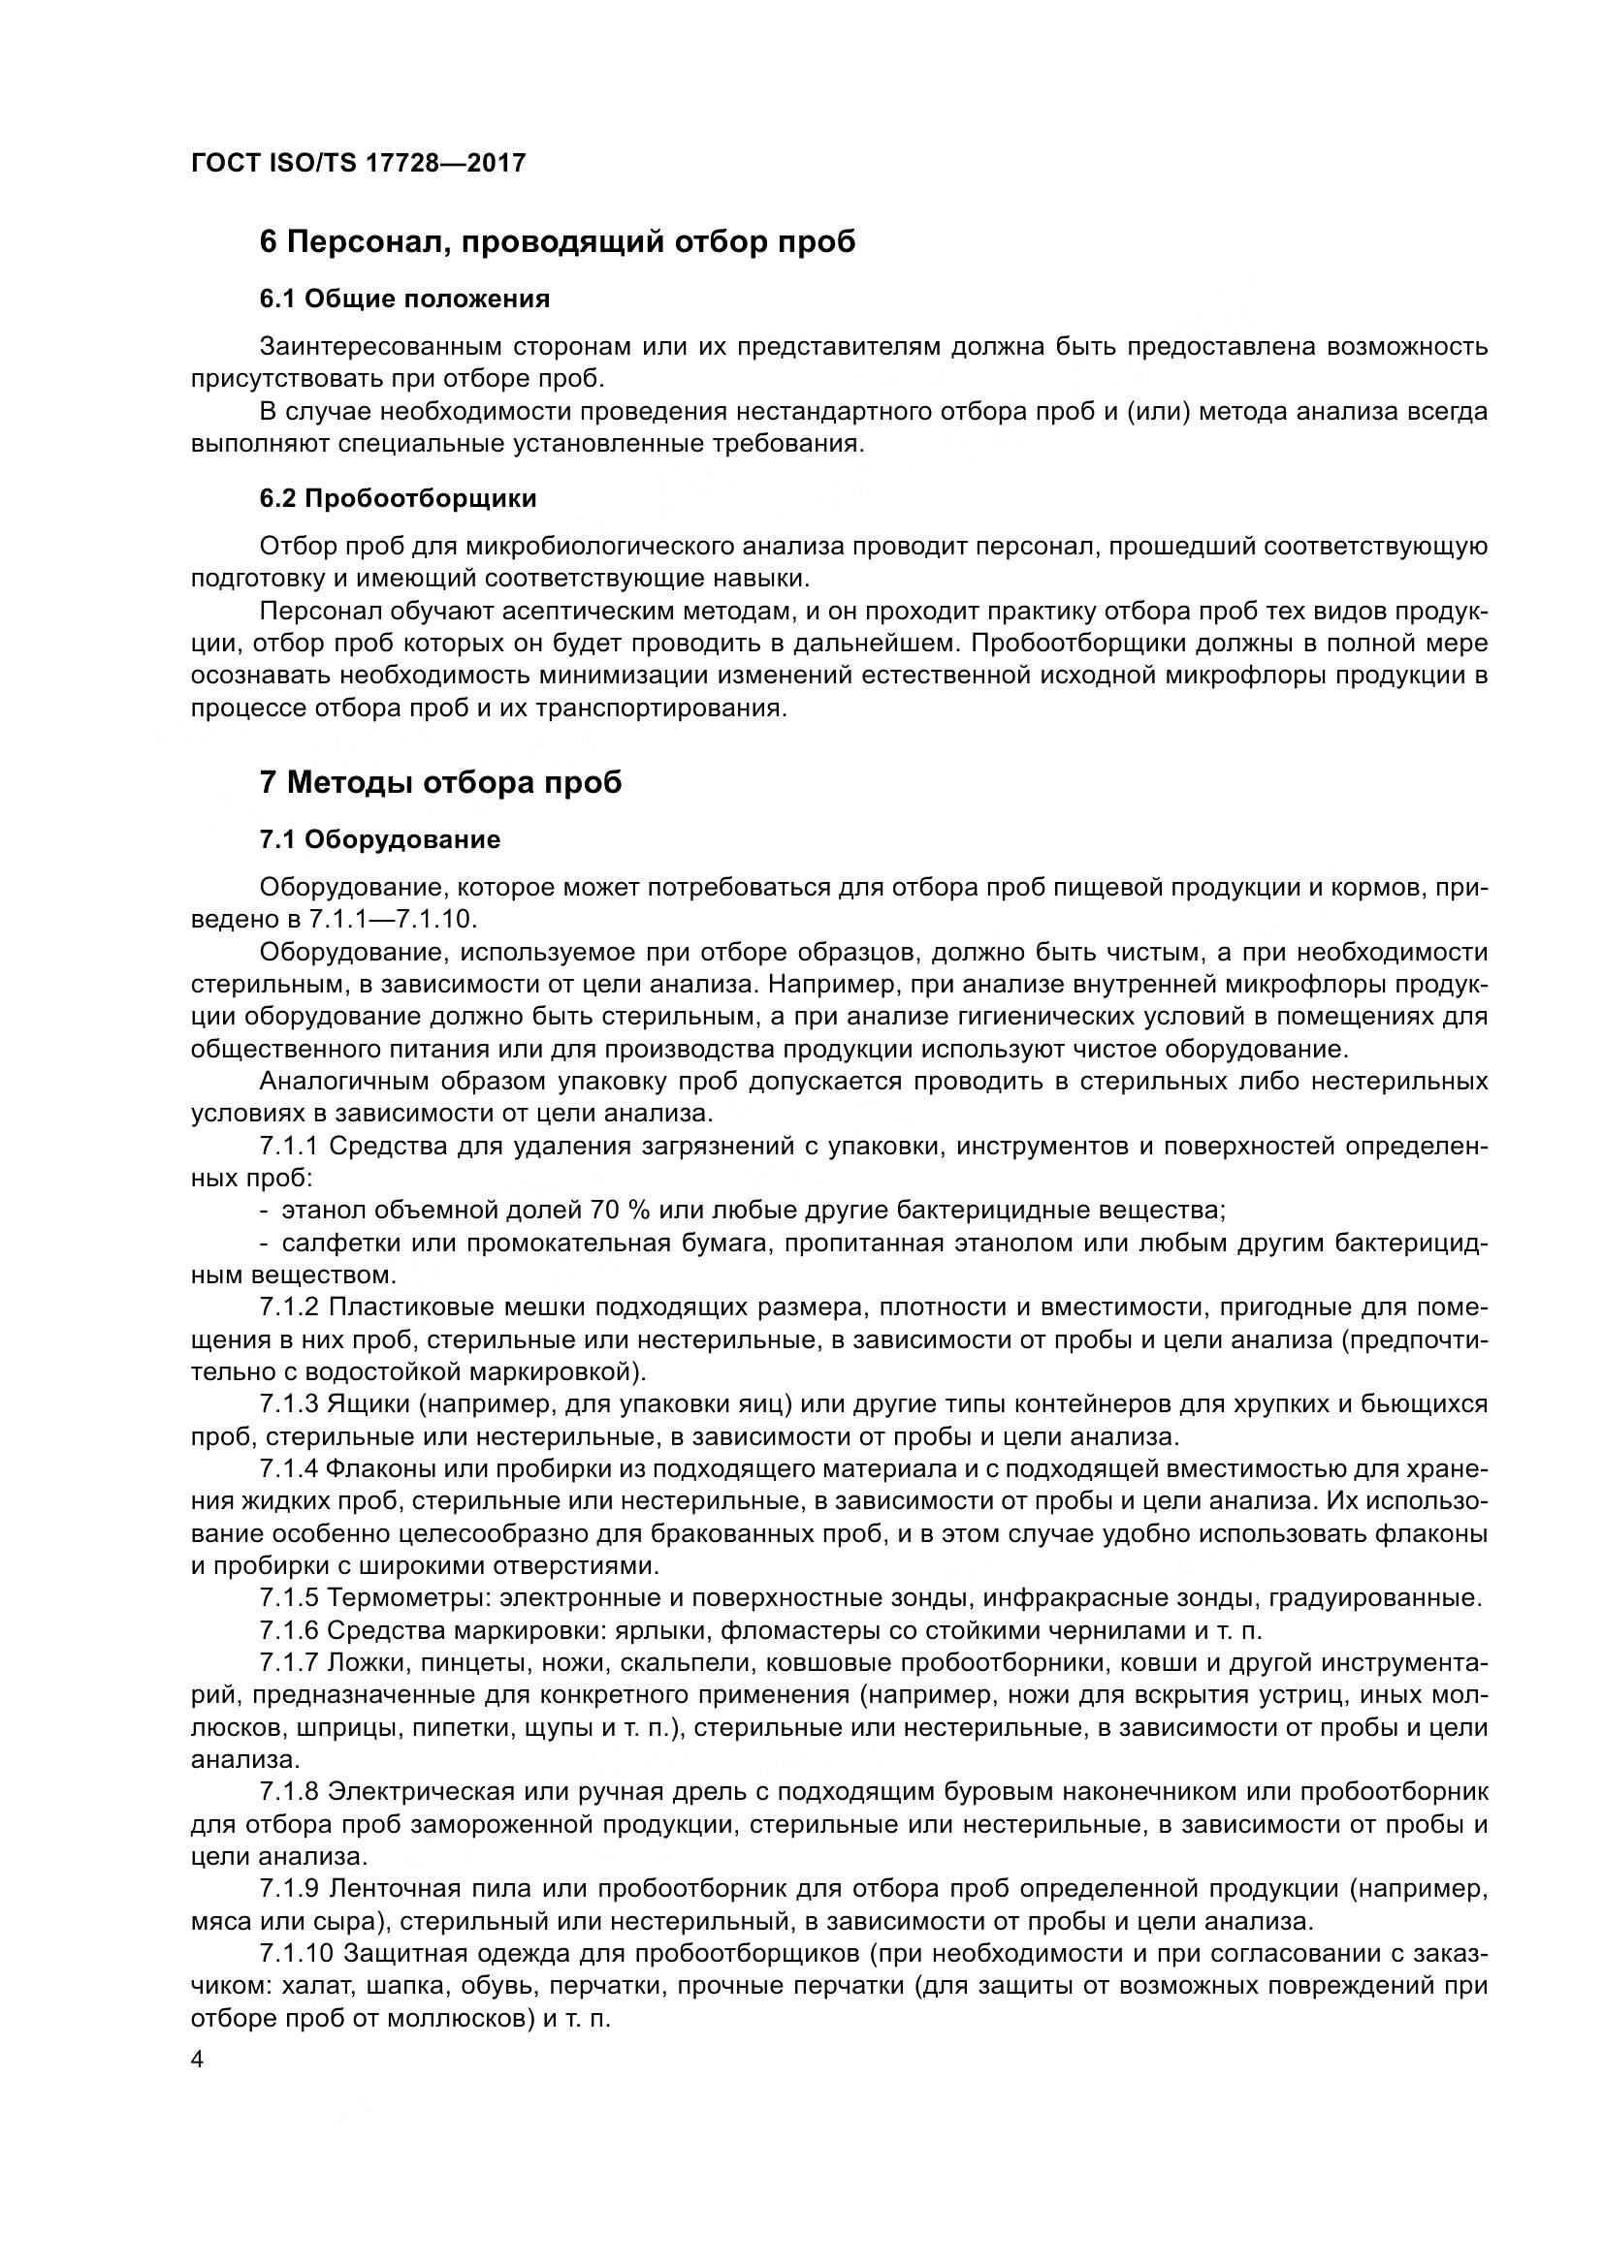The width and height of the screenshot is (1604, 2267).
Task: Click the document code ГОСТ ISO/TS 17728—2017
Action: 358,163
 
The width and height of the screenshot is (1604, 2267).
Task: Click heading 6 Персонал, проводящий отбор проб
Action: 557,241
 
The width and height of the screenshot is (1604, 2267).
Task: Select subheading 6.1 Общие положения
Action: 405,299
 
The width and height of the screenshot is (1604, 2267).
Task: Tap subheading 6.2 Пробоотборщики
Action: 398,498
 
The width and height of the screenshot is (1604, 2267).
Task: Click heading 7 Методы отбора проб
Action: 440,782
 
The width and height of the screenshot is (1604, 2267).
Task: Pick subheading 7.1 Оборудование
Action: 380,839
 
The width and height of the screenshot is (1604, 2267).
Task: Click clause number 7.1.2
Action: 289,1308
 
